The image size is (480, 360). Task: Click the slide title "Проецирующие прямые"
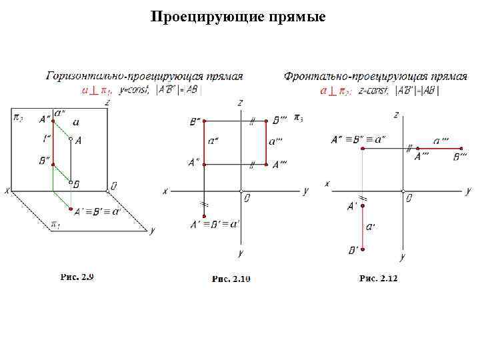click(238, 17)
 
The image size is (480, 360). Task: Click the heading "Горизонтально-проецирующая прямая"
click(144, 76)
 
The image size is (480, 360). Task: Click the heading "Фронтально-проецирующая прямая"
click(366, 76)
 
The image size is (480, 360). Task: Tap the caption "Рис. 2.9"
click(77, 276)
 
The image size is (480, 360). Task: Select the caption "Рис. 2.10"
click(231, 279)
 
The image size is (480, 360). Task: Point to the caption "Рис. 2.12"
click(378, 277)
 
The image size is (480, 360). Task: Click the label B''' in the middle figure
click(279, 121)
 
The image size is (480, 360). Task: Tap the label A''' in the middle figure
click(280, 164)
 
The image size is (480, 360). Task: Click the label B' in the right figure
click(353, 250)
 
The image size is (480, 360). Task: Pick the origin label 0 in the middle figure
click(246, 198)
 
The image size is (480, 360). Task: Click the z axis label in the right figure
click(397, 115)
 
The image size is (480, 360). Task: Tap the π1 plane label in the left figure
click(55, 225)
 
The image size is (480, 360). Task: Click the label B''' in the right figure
click(460, 157)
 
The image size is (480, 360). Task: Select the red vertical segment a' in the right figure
click(363, 227)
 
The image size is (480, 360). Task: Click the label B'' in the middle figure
click(196, 122)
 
